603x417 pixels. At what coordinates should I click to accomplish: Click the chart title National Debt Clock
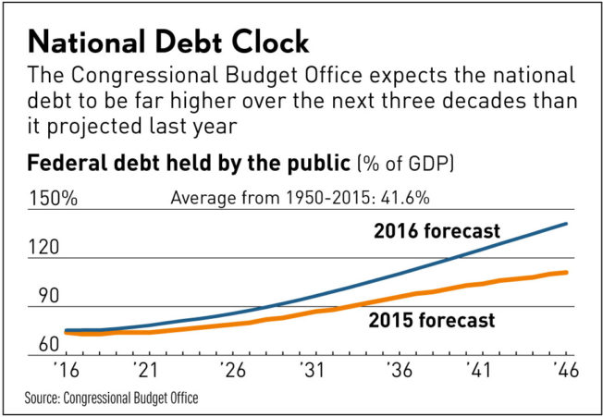[170, 43]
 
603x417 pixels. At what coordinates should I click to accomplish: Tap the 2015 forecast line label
[432, 321]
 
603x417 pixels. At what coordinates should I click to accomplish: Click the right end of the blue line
[567, 224]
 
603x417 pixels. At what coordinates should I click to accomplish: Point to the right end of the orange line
[567, 272]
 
